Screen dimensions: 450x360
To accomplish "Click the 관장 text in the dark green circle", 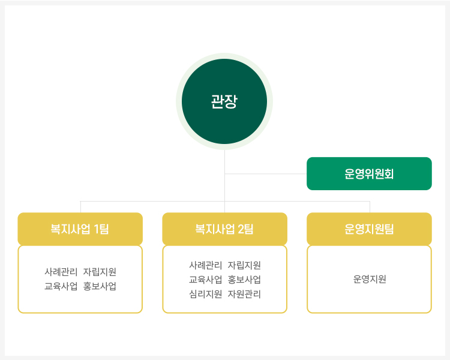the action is coord(224,101).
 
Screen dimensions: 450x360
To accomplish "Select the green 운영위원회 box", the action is coord(369,173).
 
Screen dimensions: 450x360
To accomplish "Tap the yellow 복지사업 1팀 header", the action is coord(80,229).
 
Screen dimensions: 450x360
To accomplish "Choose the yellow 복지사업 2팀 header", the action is coord(225,229).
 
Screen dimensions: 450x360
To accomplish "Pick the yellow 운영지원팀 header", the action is coord(369,229).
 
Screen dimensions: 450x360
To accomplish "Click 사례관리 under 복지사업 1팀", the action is coord(61,272).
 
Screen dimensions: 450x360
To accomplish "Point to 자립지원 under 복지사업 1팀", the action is coord(100,272).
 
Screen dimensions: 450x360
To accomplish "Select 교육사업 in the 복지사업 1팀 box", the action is coord(61,286).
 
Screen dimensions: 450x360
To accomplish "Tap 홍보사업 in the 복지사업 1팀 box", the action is coord(100,286).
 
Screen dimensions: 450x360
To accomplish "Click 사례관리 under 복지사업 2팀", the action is coord(205,265).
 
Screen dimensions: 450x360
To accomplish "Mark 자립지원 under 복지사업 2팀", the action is coord(244,265).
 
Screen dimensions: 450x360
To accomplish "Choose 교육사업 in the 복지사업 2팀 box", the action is coord(205,280).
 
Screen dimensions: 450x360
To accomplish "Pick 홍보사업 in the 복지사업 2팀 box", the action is coord(244,280).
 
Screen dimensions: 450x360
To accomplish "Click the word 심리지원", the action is coord(205,294).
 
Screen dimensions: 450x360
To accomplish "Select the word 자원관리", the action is coord(244,294).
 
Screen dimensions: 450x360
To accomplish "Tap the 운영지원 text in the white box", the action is coord(370,279).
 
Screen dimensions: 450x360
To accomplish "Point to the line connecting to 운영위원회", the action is coord(266,173).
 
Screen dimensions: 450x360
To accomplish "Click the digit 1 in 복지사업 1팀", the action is coord(96,229).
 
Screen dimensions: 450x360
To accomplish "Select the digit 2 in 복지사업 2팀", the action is coord(241,229).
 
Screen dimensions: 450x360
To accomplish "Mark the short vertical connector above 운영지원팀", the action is coord(370,207).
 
